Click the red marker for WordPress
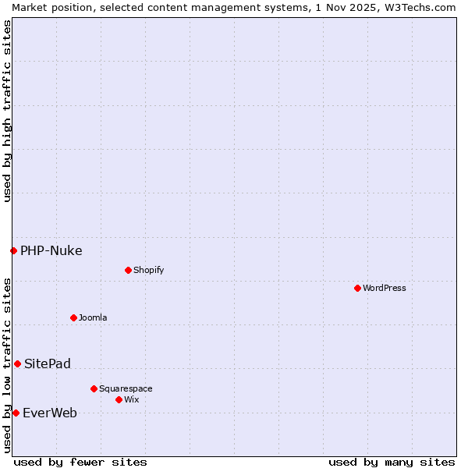[357, 288]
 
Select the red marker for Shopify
[128, 270]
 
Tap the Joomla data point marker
[73, 317]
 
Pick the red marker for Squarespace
[94, 388]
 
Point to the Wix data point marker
[119, 399]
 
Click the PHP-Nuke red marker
[13, 250]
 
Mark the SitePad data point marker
[17, 363]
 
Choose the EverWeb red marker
[16, 413]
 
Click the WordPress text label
[385, 288]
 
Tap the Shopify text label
[148, 270]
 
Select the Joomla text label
[93, 317]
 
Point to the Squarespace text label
[126, 388]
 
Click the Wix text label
[131, 399]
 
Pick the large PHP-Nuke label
[51, 250]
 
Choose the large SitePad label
[47, 363]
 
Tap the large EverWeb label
[49, 413]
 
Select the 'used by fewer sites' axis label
[80, 462]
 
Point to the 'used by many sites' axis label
[392, 462]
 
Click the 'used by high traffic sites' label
[7, 111]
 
